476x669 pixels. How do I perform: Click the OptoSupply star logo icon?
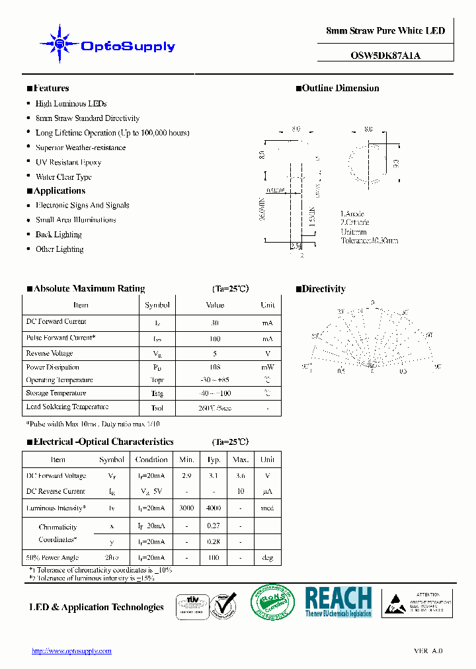[x=59, y=44]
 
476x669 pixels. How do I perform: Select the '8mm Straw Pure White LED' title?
[x=385, y=31]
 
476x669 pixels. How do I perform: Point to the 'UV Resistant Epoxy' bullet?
[x=68, y=162]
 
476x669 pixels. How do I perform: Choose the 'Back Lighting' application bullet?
[x=58, y=235]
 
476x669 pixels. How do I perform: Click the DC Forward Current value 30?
[x=215, y=323]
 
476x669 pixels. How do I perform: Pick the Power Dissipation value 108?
[x=215, y=367]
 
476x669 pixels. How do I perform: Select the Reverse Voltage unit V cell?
[x=268, y=354]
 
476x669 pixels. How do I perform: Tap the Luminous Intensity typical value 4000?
[x=214, y=508]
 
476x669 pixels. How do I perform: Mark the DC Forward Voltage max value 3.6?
[x=241, y=476]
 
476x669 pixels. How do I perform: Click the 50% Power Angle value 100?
[x=214, y=558]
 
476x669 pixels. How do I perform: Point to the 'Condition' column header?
[x=151, y=459]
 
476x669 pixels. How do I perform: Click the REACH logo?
[x=338, y=602]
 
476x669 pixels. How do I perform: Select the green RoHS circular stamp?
[x=272, y=603]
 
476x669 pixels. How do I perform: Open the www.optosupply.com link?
[x=71, y=651]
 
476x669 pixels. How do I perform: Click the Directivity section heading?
[x=323, y=289]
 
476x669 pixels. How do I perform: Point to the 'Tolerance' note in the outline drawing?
[x=369, y=241]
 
